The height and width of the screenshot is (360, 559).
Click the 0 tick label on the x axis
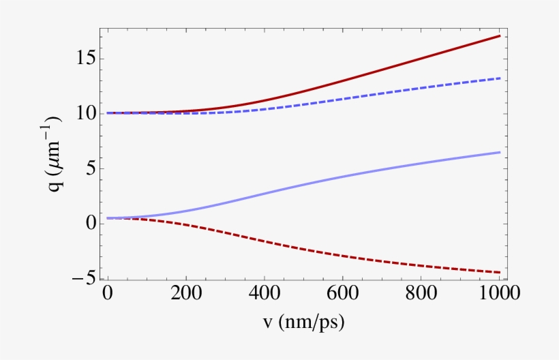(108, 294)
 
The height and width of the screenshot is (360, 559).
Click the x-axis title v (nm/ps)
(303, 322)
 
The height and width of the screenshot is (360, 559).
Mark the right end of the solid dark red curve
(500, 35)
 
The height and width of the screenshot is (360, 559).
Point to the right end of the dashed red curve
(500, 272)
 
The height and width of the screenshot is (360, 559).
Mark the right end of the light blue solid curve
(500, 152)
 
